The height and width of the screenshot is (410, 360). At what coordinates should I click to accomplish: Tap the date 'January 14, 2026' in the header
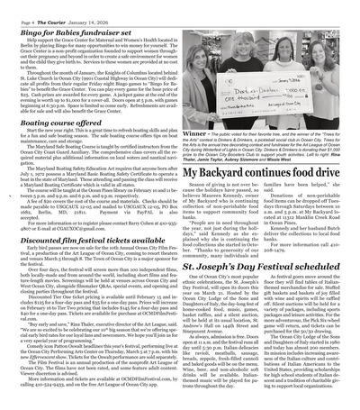coord(88,7)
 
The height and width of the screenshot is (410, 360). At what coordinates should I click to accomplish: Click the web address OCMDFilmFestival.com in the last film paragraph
coord(144,394)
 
